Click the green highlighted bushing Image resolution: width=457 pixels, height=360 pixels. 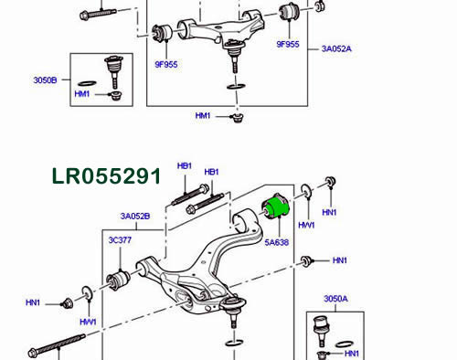pyautogui.click(x=276, y=207)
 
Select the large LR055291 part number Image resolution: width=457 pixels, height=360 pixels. pyautogui.click(x=106, y=176)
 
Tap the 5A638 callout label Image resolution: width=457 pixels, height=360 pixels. pyautogui.click(x=276, y=242)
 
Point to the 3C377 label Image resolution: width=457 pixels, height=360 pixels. pyautogui.click(x=120, y=240)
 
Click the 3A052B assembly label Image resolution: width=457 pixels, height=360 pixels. pyautogui.click(x=135, y=217)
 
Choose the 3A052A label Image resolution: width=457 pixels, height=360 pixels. pyautogui.click(x=336, y=48)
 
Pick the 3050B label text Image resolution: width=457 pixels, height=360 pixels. pyautogui.click(x=45, y=80)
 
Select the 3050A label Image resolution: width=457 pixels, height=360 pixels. pyautogui.click(x=335, y=299)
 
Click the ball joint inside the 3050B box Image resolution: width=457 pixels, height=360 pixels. pyautogui.click(x=113, y=71)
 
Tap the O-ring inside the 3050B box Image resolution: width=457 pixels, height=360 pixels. pyautogui.click(x=87, y=83)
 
